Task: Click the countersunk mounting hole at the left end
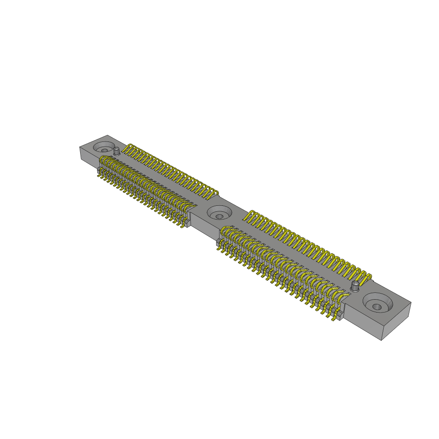(x=104, y=147)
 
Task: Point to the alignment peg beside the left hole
(x=117, y=151)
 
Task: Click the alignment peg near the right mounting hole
(x=355, y=286)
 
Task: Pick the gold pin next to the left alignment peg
(x=127, y=149)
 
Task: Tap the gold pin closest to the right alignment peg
(x=365, y=278)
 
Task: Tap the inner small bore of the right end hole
(x=376, y=307)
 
